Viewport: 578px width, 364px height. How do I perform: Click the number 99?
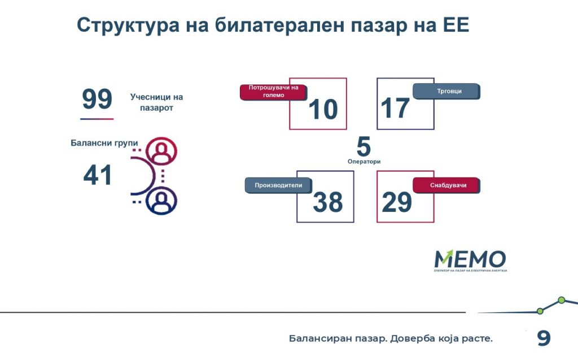(x=97, y=98)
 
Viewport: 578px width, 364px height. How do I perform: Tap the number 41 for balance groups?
(x=97, y=175)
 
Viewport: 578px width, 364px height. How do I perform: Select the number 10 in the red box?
(x=323, y=109)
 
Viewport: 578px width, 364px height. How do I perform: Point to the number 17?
(x=395, y=108)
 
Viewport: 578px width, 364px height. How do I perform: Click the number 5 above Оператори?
(x=364, y=146)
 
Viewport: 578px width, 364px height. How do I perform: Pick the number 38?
(x=328, y=202)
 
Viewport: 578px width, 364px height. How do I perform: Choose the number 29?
(x=397, y=202)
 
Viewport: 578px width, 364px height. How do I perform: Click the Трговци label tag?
(x=446, y=91)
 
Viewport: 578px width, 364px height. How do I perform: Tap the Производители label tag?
(x=279, y=185)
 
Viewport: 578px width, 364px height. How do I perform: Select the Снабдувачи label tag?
(x=446, y=185)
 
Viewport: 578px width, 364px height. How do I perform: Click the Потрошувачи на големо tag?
(x=274, y=92)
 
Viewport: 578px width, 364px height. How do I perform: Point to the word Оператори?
(x=364, y=161)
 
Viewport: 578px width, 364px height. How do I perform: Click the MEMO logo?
(x=470, y=261)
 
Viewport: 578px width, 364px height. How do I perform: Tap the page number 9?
(x=544, y=338)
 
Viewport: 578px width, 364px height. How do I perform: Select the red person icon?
(x=161, y=151)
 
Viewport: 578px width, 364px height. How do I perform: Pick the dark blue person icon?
(x=161, y=201)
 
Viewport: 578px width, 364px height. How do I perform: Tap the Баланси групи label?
(x=104, y=143)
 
